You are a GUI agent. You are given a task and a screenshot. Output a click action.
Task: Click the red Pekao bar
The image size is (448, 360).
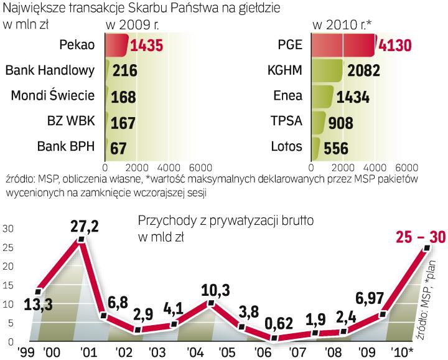pyautogui.click(x=116, y=45)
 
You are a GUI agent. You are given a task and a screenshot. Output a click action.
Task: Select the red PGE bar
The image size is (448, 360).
pyautogui.click(x=343, y=45)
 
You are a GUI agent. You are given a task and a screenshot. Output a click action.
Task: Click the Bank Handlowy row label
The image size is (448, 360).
pyautogui.click(x=50, y=70)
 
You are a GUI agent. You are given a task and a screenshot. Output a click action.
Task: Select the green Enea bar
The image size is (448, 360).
pyautogui.click(x=322, y=96)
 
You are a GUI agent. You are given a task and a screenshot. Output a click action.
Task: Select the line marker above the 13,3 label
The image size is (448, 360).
pyautogui.click(x=39, y=290)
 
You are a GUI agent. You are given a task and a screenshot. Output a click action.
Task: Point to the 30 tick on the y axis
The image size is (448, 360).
pyautogui.click(x=7, y=229)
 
